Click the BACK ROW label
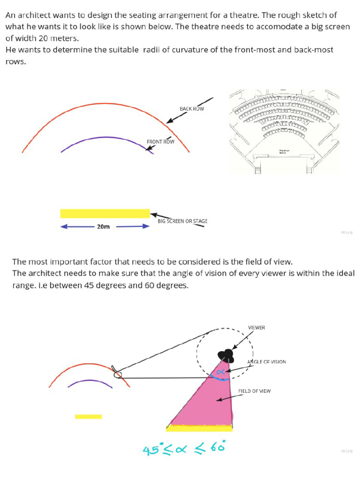[x=192, y=109]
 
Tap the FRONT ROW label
[x=160, y=142]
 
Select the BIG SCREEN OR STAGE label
[x=182, y=221]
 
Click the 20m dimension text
[x=103, y=227]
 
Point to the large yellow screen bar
[x=105, y=213]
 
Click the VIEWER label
[x=256, y=328]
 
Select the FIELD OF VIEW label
[x=254, y=390]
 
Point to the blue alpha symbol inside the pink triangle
[x=218, y=372]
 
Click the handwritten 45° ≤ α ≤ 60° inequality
[x=184, y=449]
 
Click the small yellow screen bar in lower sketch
[x=88, y=416]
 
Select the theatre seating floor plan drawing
[x=284, y=131]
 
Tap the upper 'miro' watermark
[x=346, y=232]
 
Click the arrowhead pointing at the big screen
[x=153, y=215]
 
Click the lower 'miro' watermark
[x=346, y=451]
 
